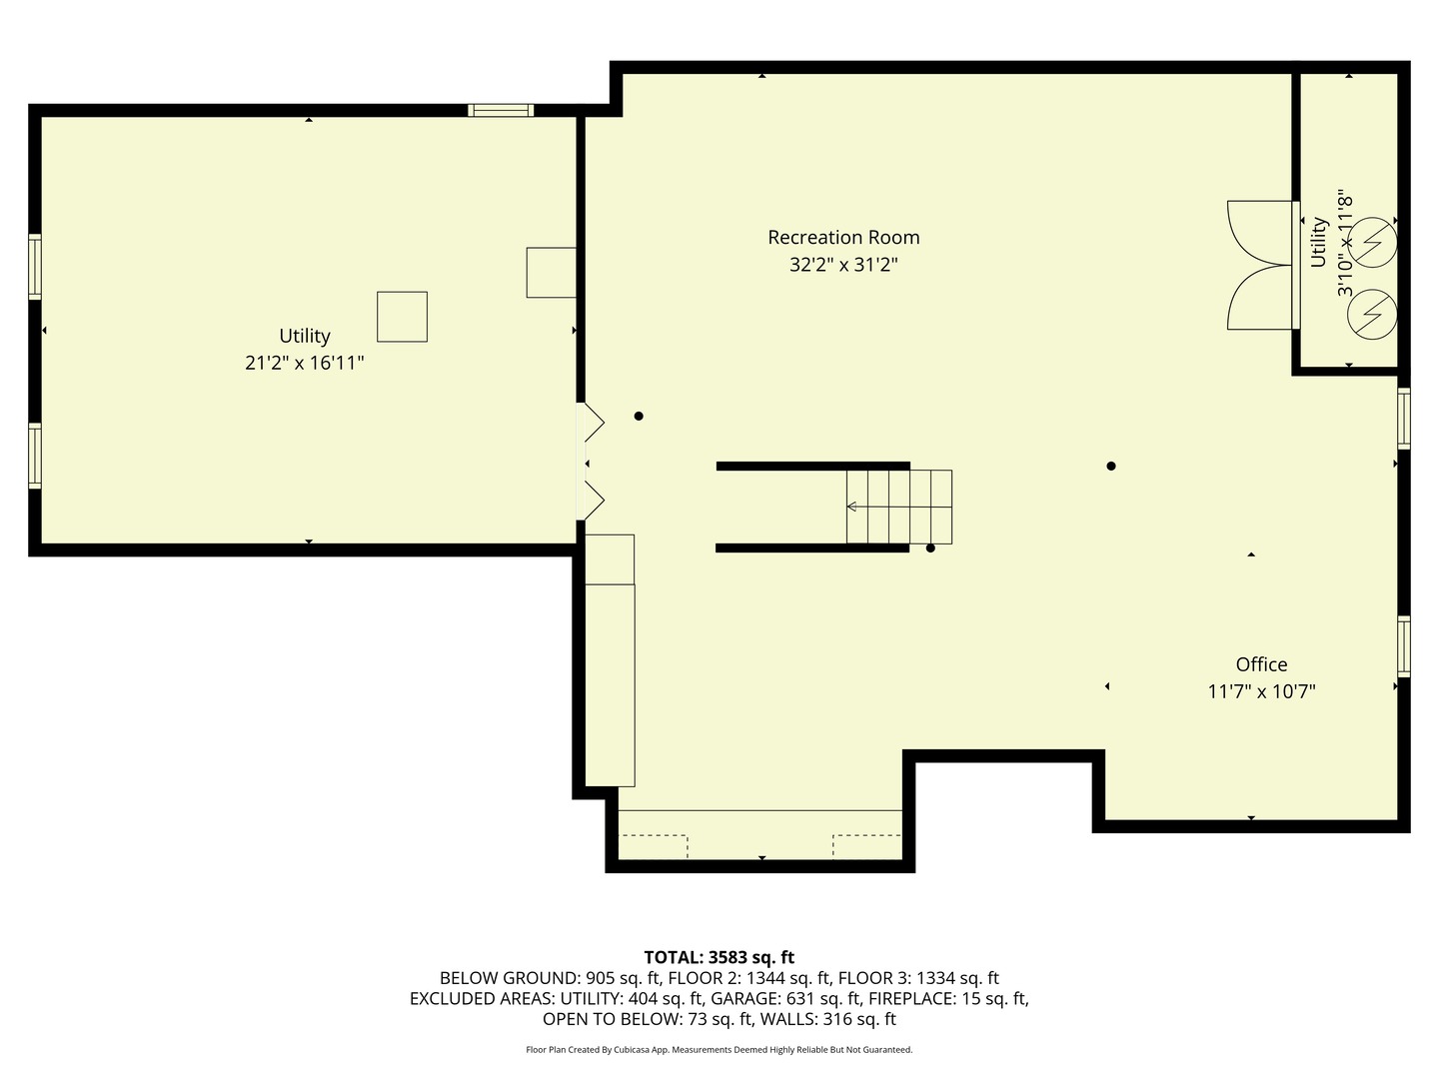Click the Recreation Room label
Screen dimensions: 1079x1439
click(843, 238)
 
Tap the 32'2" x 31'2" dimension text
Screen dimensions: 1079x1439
click(843, 265)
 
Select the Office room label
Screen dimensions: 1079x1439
click(1261, 664)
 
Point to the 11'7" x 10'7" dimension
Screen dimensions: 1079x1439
click(1261, 691)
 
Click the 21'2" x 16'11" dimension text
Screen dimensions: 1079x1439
click(304, 363)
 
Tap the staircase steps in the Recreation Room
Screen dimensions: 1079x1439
click(898, 507)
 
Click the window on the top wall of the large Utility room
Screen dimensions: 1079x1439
click(501, 111)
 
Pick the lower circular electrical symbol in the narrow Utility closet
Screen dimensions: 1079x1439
click(1371, 315)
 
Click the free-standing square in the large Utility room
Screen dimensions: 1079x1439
click(402, 317)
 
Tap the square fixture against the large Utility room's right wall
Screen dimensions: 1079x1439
click(551, 273)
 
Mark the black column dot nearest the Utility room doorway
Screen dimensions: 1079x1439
click(639, 417)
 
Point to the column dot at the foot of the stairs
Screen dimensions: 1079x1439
click(930, 547)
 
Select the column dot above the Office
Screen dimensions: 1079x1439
click(1110, 466)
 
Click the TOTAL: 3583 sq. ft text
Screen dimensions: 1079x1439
click(719, 957)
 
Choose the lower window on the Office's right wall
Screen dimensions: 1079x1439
click(1403, 646)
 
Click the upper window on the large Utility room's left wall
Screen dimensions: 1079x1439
click(35, 267)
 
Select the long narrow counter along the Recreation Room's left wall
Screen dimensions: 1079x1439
click(610, 684)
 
